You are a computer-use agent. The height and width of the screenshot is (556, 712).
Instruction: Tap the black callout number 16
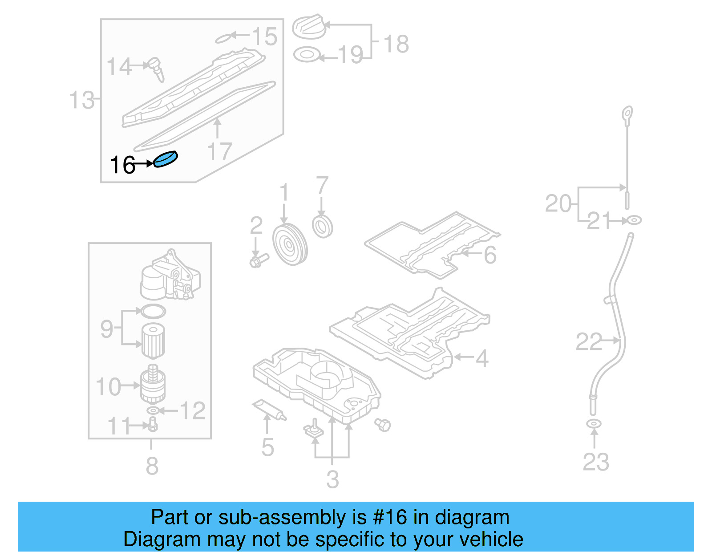tap(122, 165)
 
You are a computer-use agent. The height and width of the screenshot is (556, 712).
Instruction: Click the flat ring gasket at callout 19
tap(307, 55)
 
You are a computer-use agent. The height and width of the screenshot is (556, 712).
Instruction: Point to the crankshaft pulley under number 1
tap(290, 245)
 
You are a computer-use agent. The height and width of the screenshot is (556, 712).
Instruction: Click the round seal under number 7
tap(323, 227)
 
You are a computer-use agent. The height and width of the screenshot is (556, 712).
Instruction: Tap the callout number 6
tap(490, 255)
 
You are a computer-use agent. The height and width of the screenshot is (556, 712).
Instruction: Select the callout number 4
tap(482, 358)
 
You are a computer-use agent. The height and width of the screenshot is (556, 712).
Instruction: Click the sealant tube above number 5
tap(269, 410)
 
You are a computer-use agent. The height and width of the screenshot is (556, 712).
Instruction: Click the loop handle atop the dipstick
tap(627, 114)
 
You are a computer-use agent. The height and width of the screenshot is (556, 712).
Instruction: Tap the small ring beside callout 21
tap(634, 220)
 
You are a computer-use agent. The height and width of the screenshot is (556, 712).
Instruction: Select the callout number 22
tap(589, 342)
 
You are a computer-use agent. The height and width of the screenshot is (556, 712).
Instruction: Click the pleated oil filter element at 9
tap(153, 341)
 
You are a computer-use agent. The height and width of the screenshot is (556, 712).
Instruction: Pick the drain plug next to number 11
tap(153, 424)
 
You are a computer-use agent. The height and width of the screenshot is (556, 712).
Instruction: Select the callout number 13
tap(82, 100)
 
